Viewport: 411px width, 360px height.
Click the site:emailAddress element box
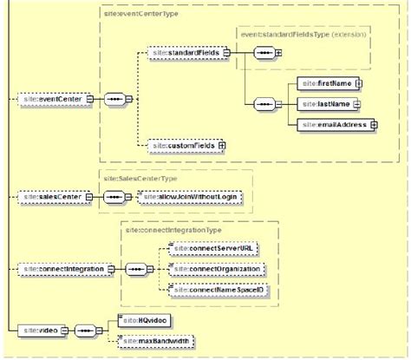pos(332,125)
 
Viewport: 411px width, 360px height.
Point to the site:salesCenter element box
pos(49,197)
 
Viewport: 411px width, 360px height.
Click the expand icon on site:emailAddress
pos(374,125)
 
